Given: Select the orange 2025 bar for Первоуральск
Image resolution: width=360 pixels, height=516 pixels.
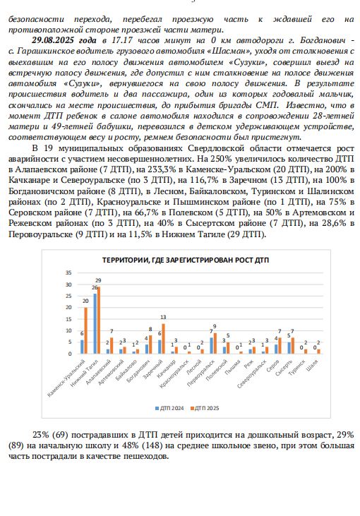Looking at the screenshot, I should pyautogui.click(x=214, y=343).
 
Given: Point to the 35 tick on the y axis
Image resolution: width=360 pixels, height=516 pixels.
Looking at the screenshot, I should pyautogui.click(x=68, y=273).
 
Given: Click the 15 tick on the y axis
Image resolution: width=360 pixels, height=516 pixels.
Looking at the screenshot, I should pyautogui.click(x=68, y=319).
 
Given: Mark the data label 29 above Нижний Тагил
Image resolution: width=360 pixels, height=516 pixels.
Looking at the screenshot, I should pyautogui.click(x=99, y=281).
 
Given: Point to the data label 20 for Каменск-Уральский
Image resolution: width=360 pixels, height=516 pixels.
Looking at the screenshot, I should pyautogui.click(x=86, y=299).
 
